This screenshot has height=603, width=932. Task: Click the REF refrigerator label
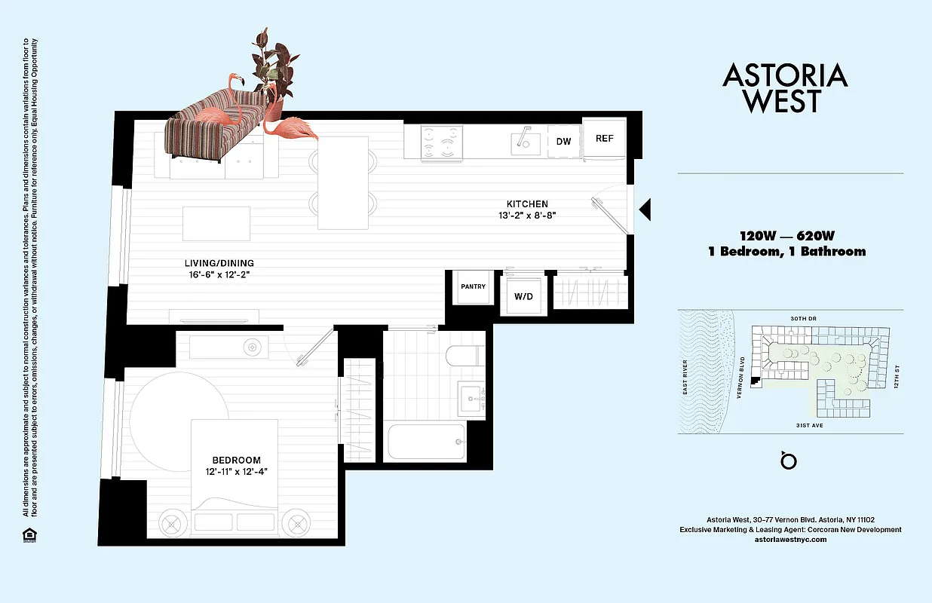pos(604,139)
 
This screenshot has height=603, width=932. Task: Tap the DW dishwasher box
pos(563,142)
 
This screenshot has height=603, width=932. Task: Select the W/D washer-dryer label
pos(523,296)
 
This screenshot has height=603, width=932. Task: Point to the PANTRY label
pos(473,286)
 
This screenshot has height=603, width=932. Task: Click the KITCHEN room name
pos(527,204)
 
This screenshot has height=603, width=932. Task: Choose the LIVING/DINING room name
pos(219,263)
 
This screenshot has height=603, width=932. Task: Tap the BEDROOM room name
pos(236,461)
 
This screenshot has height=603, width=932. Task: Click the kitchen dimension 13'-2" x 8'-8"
pos(527,215)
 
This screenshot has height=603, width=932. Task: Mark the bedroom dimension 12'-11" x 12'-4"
pos(236,472)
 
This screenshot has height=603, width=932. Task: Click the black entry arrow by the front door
pos(645,210)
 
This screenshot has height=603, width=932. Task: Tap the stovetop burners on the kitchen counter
pos(441,141)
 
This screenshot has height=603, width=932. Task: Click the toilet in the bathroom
pos(461,356)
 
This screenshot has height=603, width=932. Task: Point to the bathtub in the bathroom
pos(426,442)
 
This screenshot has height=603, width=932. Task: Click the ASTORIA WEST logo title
pos(785,87)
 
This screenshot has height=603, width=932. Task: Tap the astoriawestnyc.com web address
pos(790,539)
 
